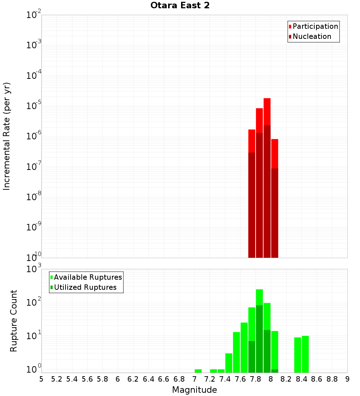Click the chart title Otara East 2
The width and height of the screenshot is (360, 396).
pyautogui.click(x=180, y=6)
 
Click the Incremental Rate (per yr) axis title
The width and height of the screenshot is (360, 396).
pyautogui.click(x=7, y=136)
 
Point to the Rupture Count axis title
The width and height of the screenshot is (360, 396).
pyautogui.click(x=14, y=321)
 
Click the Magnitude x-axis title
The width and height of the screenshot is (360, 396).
pyautogui.click(x=194, y=390)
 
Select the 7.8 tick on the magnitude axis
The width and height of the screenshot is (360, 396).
pyautogui.click(x=256, y=379)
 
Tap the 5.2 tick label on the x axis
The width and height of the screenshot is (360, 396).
pyautogui.click(x=57, y=379)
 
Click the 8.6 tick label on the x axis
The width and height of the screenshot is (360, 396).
pyautogui.click(x=317, y=379)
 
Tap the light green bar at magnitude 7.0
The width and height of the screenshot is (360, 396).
pyautogui.click(x=198, y=371)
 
